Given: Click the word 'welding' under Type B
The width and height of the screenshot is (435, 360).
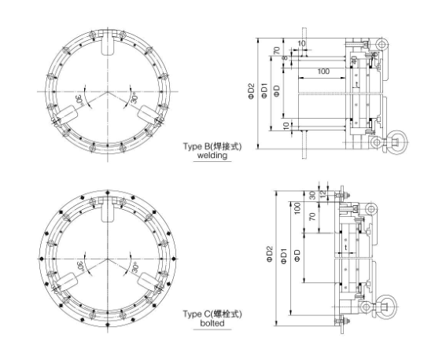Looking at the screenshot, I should pos(212,156).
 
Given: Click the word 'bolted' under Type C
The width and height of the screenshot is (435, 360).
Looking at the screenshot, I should pos(212,322).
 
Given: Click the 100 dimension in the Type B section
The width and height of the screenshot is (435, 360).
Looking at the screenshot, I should pos(323,72).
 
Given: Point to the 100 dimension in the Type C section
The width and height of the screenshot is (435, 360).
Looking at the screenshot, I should pos(297,207).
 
